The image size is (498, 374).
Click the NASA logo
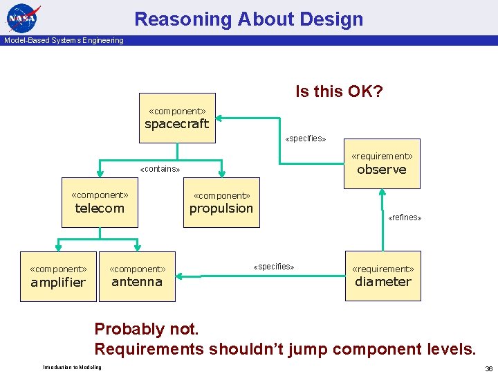pos(24,17)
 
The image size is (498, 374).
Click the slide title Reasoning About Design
pos(248,19)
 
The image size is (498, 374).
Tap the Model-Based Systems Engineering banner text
pos(64,40)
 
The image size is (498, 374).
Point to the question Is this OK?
pos(339,91)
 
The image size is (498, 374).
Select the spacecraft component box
pos(177,118)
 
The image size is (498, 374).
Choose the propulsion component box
pos(221,203)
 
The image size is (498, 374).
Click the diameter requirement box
pos(382,276)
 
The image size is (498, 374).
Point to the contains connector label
pos(160,169)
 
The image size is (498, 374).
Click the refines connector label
pos(405,217)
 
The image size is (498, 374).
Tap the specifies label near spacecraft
pos(305,139)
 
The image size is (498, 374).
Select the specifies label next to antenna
pos(273,267)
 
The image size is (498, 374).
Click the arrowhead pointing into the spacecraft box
pos(221,118)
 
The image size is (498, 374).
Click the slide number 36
pos(488,368)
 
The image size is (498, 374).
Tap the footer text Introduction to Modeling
pos(72,367)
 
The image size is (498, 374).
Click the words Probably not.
pos(146,329)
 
